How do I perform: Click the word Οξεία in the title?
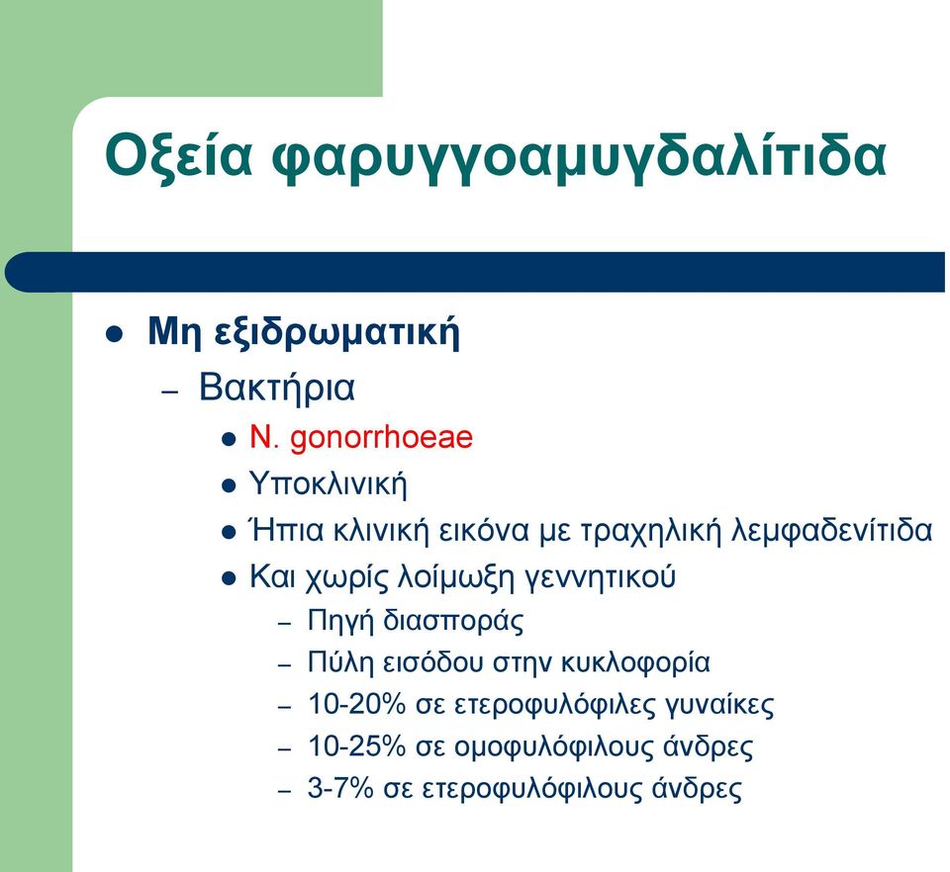click(x=178, y=157)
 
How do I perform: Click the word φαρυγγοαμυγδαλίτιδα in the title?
click(x=579, y=157)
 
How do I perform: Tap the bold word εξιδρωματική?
click(x=337, y=333)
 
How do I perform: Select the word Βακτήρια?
click(x=277, y=388)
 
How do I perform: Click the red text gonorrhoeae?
click(x=381, y=438)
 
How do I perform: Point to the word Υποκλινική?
click(x=329, y=483)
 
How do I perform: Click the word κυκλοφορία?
click(x=635, y=663)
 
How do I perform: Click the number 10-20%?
click(x=356, y=704)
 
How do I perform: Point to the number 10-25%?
click(x=356, y=746)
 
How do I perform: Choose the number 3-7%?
click(x=339, y=789)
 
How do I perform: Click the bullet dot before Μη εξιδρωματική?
click(x=115, y=334)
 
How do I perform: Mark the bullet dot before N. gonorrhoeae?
click(x=229, y=439)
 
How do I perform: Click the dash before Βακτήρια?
click(x=171, y=392)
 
